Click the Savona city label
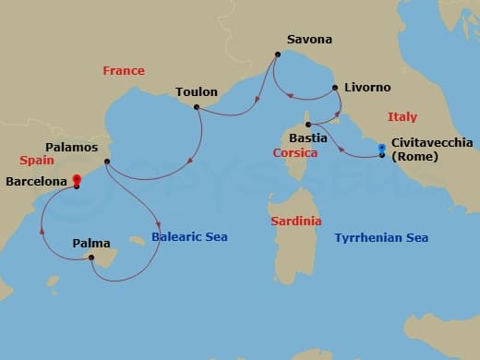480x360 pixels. click(309, 40)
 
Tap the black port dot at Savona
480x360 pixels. click(276, 55)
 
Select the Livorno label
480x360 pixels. click(367, 87)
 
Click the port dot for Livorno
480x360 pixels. click(334, 89)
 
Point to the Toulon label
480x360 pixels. click(197, 91)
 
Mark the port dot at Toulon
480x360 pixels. click(197, 107)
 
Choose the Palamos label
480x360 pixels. click(71, 147)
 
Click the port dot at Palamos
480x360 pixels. click(107, 162)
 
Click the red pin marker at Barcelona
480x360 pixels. click(77, 180)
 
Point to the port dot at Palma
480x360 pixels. click(91, 258)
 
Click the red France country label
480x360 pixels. click(124, 70)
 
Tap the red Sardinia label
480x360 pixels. click(296, 222)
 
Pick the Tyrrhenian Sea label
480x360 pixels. click(381, 237)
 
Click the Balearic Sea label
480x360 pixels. click(190, 237)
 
